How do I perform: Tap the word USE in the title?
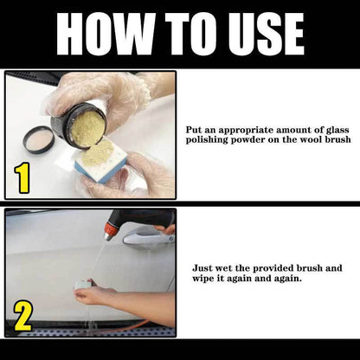pyautogui.click(x=259, y=34)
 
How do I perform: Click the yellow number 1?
pyautogui.click(x=22, y=178)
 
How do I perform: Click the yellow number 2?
pyautogui.click(x=22, y=317)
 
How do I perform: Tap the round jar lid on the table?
pyautogui.click(x=37, y=138)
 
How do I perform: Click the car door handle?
pyautogui.click(x=148, y=239)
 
